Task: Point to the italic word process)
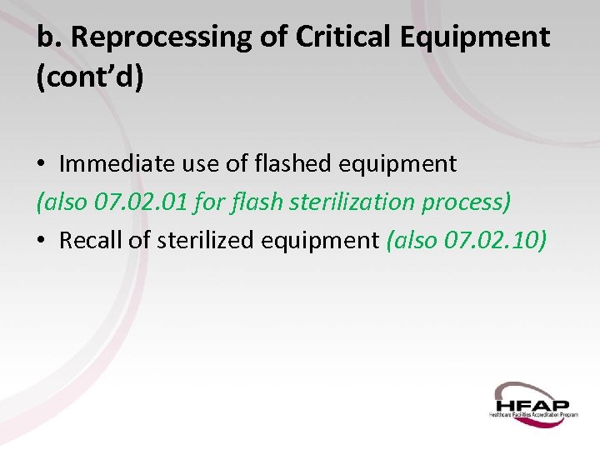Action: (x=466, y=202)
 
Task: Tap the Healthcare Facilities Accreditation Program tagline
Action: (x=533, y=413)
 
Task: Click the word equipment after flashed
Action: (x=397, y=164)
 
